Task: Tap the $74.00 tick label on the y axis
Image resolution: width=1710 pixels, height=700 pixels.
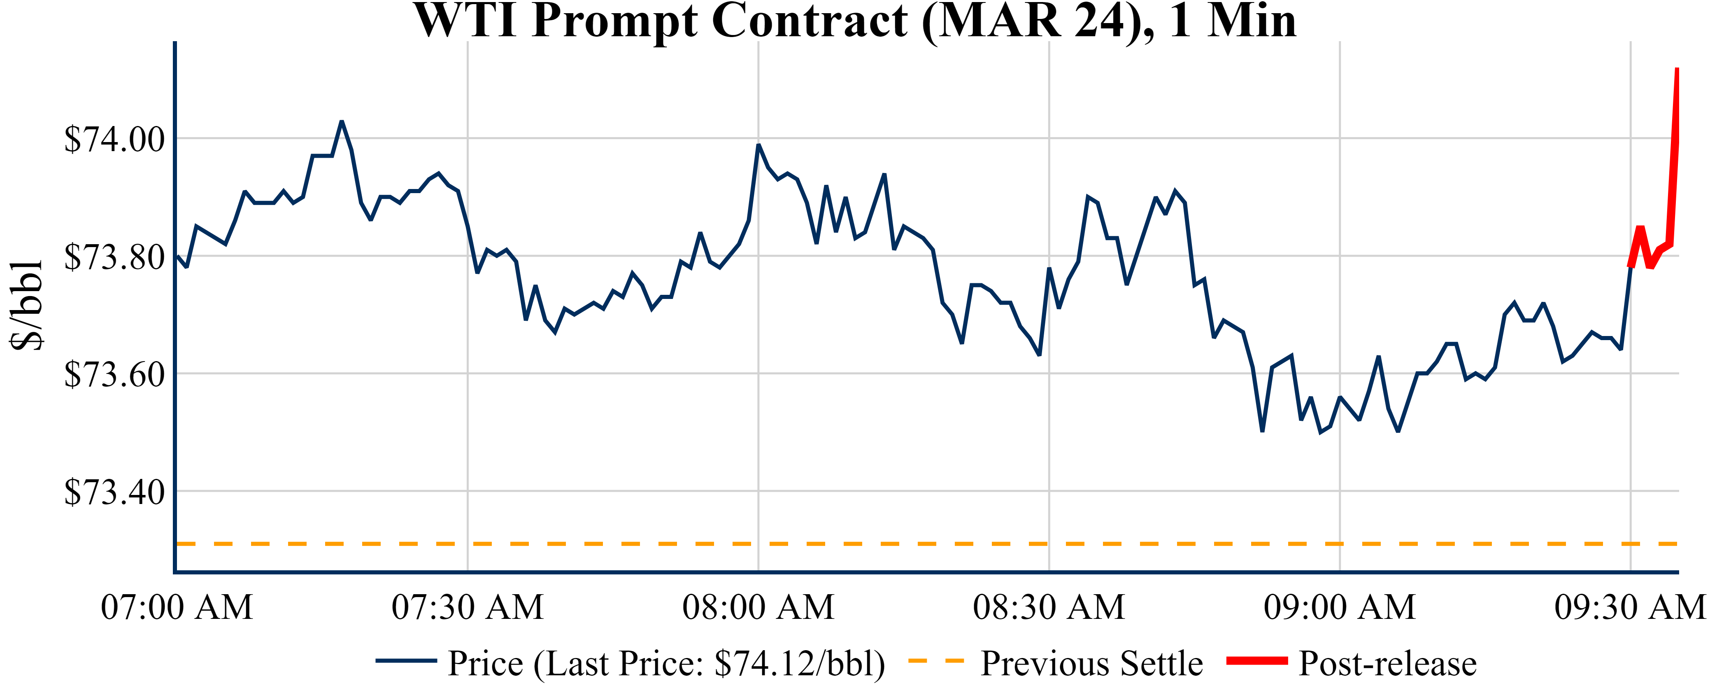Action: coord(114,140)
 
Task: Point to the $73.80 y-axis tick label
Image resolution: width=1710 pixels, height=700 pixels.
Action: coord(114,257)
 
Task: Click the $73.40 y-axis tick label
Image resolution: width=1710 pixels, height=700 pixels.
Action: coord(114,492)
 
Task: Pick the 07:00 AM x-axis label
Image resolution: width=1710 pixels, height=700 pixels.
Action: coord(177,607)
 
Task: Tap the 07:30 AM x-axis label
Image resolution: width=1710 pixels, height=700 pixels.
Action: coord(468,607)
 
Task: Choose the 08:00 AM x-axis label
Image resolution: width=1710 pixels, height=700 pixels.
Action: coord(758,607)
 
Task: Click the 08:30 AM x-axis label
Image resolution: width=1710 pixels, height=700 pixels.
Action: coord(1049,607)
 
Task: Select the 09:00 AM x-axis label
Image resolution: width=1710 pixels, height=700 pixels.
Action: coord(1340,607)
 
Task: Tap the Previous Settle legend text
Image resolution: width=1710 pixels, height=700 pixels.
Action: coord(1091,663)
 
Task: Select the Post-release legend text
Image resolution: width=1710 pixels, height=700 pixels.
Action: coord(1387,663)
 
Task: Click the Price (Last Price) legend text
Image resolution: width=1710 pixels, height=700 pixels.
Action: coord(666,663)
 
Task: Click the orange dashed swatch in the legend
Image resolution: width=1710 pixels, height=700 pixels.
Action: coord(936,661)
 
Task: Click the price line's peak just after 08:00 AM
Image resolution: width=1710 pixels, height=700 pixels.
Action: coord(758,145)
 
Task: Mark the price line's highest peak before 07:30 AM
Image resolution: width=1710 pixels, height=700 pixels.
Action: coord(341,121)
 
